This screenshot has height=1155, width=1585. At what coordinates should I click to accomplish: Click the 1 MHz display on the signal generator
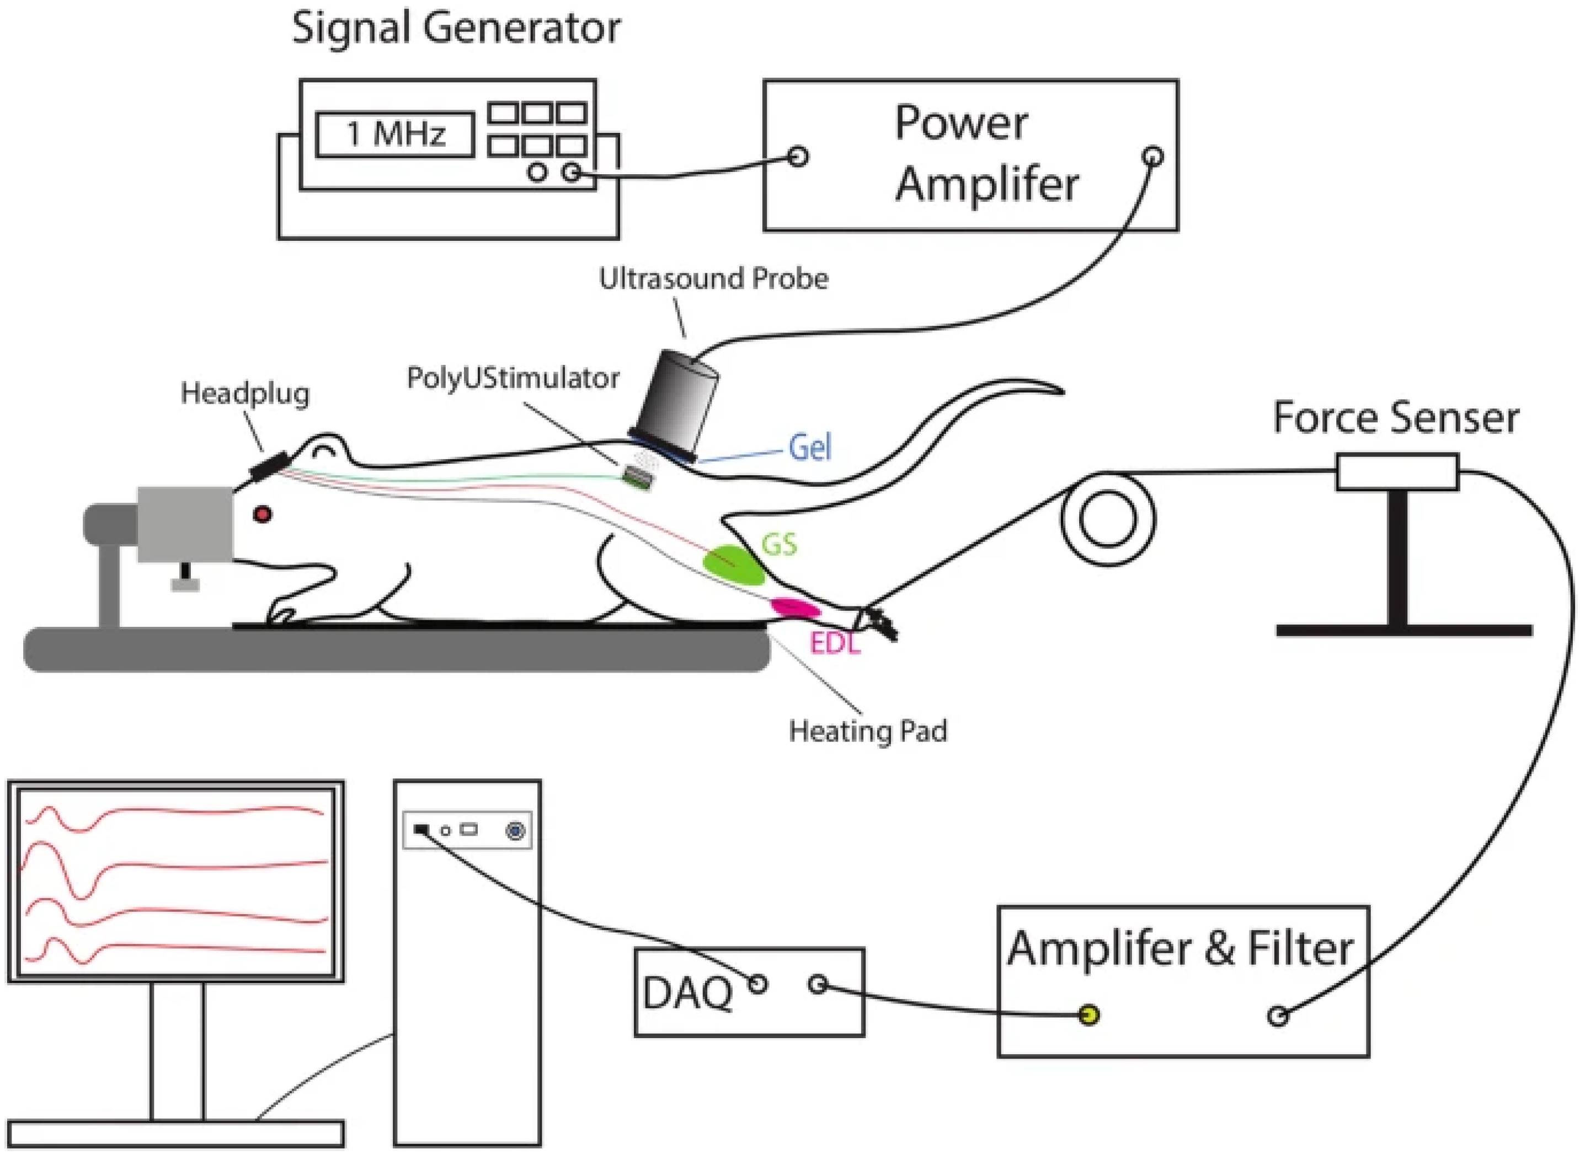[x=394, y=134]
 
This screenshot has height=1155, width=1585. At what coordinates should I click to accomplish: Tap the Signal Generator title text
[x=456, y=29]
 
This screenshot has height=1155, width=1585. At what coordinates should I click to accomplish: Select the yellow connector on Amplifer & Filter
[x=1089, y=1014]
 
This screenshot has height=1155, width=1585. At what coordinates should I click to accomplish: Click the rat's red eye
[x=263, y=514]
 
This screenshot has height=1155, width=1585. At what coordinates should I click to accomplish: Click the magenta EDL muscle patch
[x=796, y=608]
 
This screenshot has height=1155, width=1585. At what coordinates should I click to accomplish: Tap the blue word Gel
[x=810, y=448]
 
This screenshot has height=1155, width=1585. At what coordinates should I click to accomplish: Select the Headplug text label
[x=245, y=394]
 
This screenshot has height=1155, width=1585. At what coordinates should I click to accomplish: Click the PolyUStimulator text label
[x=513, y=378]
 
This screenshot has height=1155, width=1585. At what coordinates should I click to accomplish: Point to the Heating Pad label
[x=868, y=731]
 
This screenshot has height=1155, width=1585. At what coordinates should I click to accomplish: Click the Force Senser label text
[x=1395, y=418]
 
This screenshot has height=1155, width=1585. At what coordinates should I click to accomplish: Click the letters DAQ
[x=687, y=993]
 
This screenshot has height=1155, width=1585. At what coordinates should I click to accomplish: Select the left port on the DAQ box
[x=757, y=985]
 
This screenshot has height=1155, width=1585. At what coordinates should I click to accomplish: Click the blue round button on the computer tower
[x=515, y=831]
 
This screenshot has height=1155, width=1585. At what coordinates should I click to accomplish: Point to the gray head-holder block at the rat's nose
[x=185, y=524]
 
